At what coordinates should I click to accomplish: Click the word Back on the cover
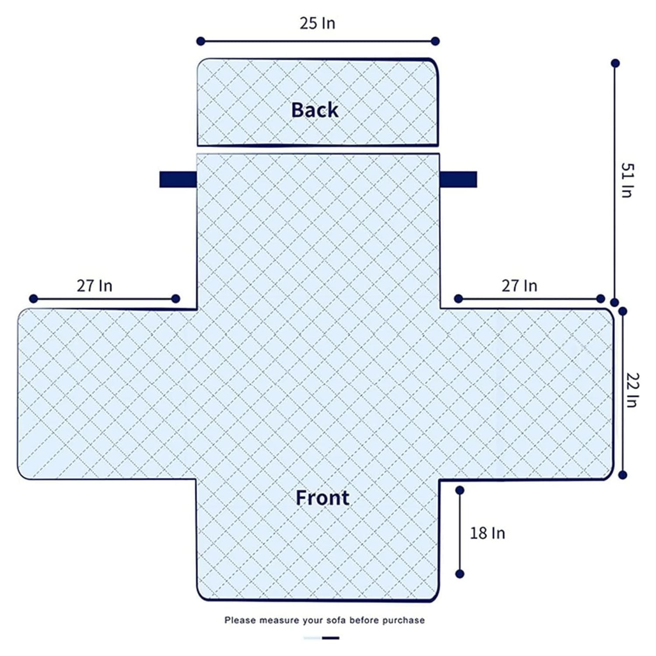315,110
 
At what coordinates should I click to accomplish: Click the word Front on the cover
323,498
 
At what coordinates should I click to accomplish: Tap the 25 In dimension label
318,23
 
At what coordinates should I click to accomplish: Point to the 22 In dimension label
633,390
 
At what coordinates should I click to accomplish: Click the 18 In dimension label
488,533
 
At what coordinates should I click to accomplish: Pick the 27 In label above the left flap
95,286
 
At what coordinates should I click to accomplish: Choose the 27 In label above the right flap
520,286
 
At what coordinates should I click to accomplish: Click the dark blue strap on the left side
178,179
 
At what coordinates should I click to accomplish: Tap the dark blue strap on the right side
458,179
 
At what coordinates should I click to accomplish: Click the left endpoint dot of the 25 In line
201,42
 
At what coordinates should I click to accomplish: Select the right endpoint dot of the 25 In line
435,41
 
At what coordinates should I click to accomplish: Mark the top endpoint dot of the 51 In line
615,63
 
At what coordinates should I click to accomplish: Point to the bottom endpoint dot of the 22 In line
623,475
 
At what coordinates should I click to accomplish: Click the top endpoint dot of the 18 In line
460,491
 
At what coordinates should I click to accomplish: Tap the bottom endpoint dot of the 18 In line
460,574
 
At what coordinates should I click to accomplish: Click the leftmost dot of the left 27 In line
34,299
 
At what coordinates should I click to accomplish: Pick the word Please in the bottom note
240,620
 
